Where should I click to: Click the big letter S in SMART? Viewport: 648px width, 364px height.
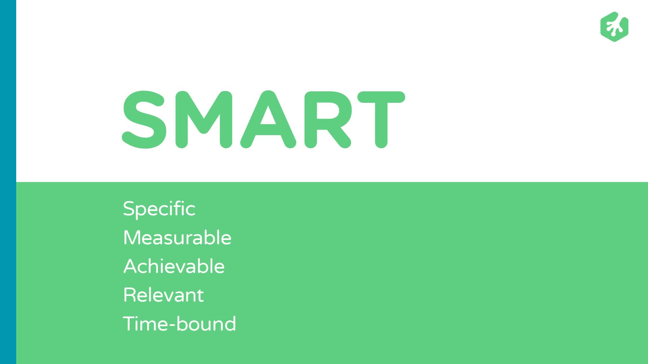pyautogui.click(x=144, y=120)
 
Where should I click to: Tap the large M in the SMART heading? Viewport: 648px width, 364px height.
pyautogui.click(x=204, y=120)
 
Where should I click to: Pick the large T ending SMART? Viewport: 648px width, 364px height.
pyautogui.click(x=381, y=120)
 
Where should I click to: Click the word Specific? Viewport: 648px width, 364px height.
pyautogui.click(x=159, y=209)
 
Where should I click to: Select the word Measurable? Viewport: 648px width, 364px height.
pyautogui.click(x=177, y=238)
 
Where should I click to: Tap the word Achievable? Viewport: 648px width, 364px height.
pyautogui.click(x=174, y=266)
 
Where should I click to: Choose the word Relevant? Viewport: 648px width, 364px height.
pyautogui.click(x=163, y=295)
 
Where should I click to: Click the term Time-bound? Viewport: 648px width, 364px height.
pyautogui.click(x=179, y=324)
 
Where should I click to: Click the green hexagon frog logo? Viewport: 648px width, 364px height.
pyautogui.click(x=614, y=27)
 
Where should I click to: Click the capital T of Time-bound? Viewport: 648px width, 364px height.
pyautogui.click(x=130, y=324)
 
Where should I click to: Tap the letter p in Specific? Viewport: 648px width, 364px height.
pyautogui.click(x=142, y=211)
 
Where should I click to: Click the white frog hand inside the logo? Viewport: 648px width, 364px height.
pyautogui.click(x=615, y=27)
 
